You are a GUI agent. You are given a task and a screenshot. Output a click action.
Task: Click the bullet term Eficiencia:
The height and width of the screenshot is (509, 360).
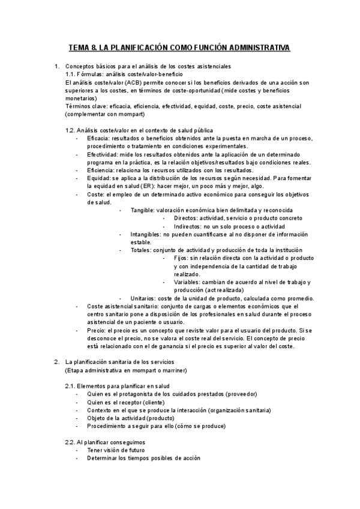tap(102, 170)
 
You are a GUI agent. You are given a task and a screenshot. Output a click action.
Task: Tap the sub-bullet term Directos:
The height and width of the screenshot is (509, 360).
tap(186, 218)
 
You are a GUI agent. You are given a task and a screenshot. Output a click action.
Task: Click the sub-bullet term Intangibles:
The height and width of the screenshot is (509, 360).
tap(146, 234)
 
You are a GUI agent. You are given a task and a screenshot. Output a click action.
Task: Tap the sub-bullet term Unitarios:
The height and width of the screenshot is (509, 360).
tap(145, 298)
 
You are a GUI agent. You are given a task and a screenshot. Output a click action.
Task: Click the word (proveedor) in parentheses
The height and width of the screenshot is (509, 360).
tap(240, 394)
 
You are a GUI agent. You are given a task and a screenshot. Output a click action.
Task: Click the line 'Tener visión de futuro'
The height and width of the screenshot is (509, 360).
tap(116, 450)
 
